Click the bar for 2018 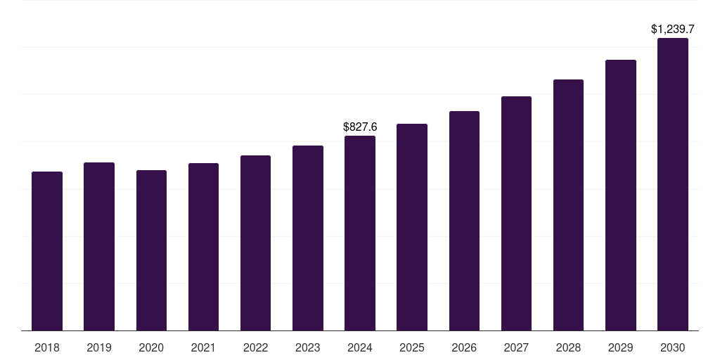coord(47,251)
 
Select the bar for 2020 coord(151,250)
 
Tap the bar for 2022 coord(255,243)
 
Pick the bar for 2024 coord(360,233)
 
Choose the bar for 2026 coord(464,221)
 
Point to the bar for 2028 coord(568,205)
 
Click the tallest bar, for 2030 coord(673,184)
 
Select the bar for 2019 coord(99,246)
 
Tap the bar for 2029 coord(621,195)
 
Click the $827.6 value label coord(360,127)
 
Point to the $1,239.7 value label coord(673,30)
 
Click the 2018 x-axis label coord(47,347)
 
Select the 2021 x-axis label coord(203,347)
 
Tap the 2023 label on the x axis coord(308,347)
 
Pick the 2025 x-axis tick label coord(412,347)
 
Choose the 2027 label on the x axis coord(516,347)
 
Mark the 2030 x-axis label coord(673,347)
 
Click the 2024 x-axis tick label coord(360,347)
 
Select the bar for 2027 coord(516,213)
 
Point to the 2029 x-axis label coord(621,347)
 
